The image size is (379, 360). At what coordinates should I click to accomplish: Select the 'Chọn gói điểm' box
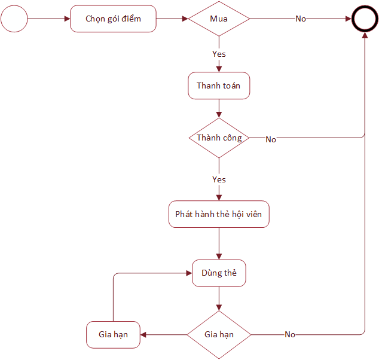(113, 19)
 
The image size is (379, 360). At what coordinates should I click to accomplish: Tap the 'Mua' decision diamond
(219, 19)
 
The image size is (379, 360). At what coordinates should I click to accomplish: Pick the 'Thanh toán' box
(219, 86)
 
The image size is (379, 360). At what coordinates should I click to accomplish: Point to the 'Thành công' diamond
(219, 138)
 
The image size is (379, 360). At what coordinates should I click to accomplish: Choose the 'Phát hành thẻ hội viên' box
(219, 214)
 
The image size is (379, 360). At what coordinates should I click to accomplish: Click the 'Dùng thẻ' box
(219, 273)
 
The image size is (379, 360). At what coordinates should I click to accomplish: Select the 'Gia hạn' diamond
(219, 335)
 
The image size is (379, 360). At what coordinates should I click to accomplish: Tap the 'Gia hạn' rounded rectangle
(113, 335)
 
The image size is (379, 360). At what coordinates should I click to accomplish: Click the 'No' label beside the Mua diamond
(301, 19)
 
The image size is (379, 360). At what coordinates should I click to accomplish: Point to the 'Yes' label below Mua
(219, 54)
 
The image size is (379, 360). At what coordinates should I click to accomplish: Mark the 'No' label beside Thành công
(271, 139)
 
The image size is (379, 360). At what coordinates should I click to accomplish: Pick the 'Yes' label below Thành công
(219, 179)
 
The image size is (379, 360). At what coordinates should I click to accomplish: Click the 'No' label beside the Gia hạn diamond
(290, 334)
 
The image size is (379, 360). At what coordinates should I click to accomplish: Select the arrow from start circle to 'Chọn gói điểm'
(49, 19)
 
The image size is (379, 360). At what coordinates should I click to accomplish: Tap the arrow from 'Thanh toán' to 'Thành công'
(219, 109)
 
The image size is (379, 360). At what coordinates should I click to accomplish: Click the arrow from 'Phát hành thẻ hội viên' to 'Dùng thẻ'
(219, 244)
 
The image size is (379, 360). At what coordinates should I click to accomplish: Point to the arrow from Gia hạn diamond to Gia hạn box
(164, 335)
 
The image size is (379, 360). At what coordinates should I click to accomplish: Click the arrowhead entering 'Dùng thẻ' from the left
(189, 273)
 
